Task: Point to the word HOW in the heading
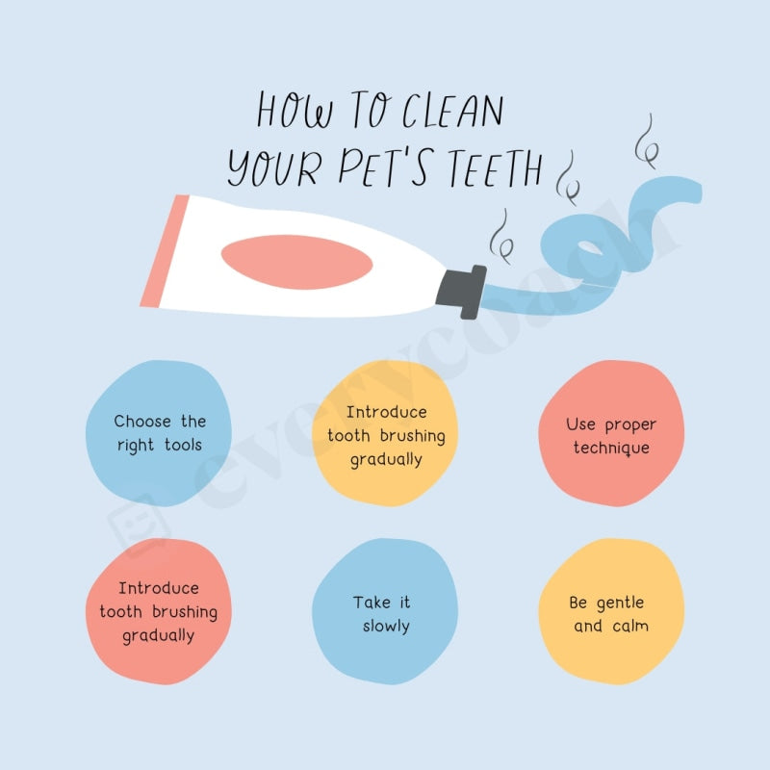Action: click(x=294, y=111)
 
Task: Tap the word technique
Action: click(x=611, y=449)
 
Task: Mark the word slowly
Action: click(x=386, y=627)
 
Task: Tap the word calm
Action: click(x=630, y=627)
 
